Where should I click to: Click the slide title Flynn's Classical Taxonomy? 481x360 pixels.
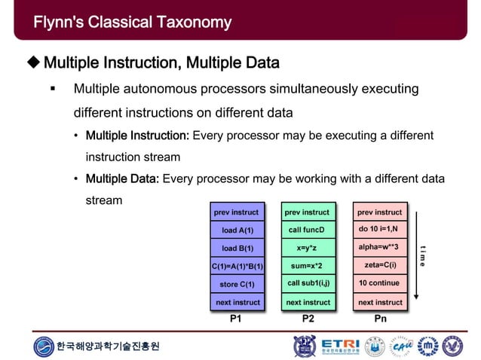(x=132, y=23)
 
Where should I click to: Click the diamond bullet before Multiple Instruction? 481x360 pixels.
(x=33, y=61)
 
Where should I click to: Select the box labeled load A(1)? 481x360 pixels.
(x=237, y=230)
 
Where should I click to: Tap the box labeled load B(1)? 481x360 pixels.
(x=237, y=248)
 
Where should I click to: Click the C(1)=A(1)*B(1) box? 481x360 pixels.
(x=237, y=266)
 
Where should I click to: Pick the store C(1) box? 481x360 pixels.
(x=237, y=284)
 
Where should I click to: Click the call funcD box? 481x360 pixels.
(x=308, y=230)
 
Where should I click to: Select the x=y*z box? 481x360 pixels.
(x=308, y=248)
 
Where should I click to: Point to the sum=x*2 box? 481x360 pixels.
(x=308, y=266)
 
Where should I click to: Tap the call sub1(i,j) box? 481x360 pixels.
(x=308, y=284)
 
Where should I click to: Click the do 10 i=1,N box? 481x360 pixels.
(x=379, y=230)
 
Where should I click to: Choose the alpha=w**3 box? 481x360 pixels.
(x=379, y=248)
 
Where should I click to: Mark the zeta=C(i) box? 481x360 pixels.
(x=379, y=266)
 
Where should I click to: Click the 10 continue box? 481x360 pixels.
(x=379, y=284)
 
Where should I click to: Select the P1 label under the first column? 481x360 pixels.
(x=236, y=319)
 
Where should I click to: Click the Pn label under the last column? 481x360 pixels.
(x=379, y=319)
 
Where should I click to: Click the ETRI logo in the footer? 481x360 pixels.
(x=340, y=346)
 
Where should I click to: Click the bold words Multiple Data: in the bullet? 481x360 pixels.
(x=122, y=178)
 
